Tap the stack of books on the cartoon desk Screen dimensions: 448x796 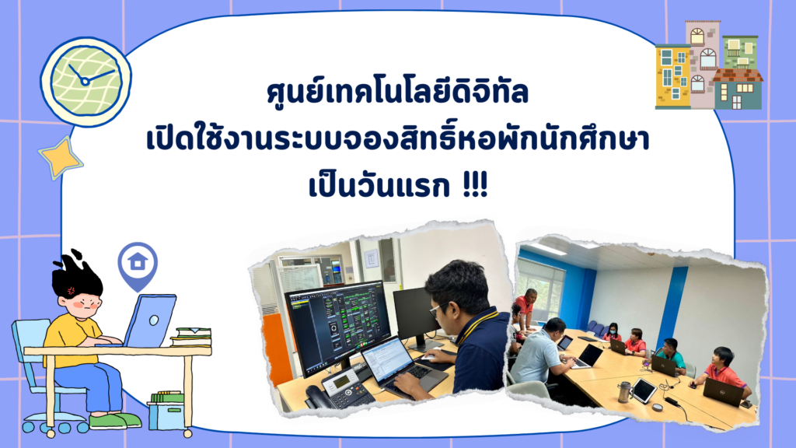click(191, 337)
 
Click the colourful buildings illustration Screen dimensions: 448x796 click(708, 66)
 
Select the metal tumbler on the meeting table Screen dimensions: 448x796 click(623, 391)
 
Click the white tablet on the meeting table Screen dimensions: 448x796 click(644, 390)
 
